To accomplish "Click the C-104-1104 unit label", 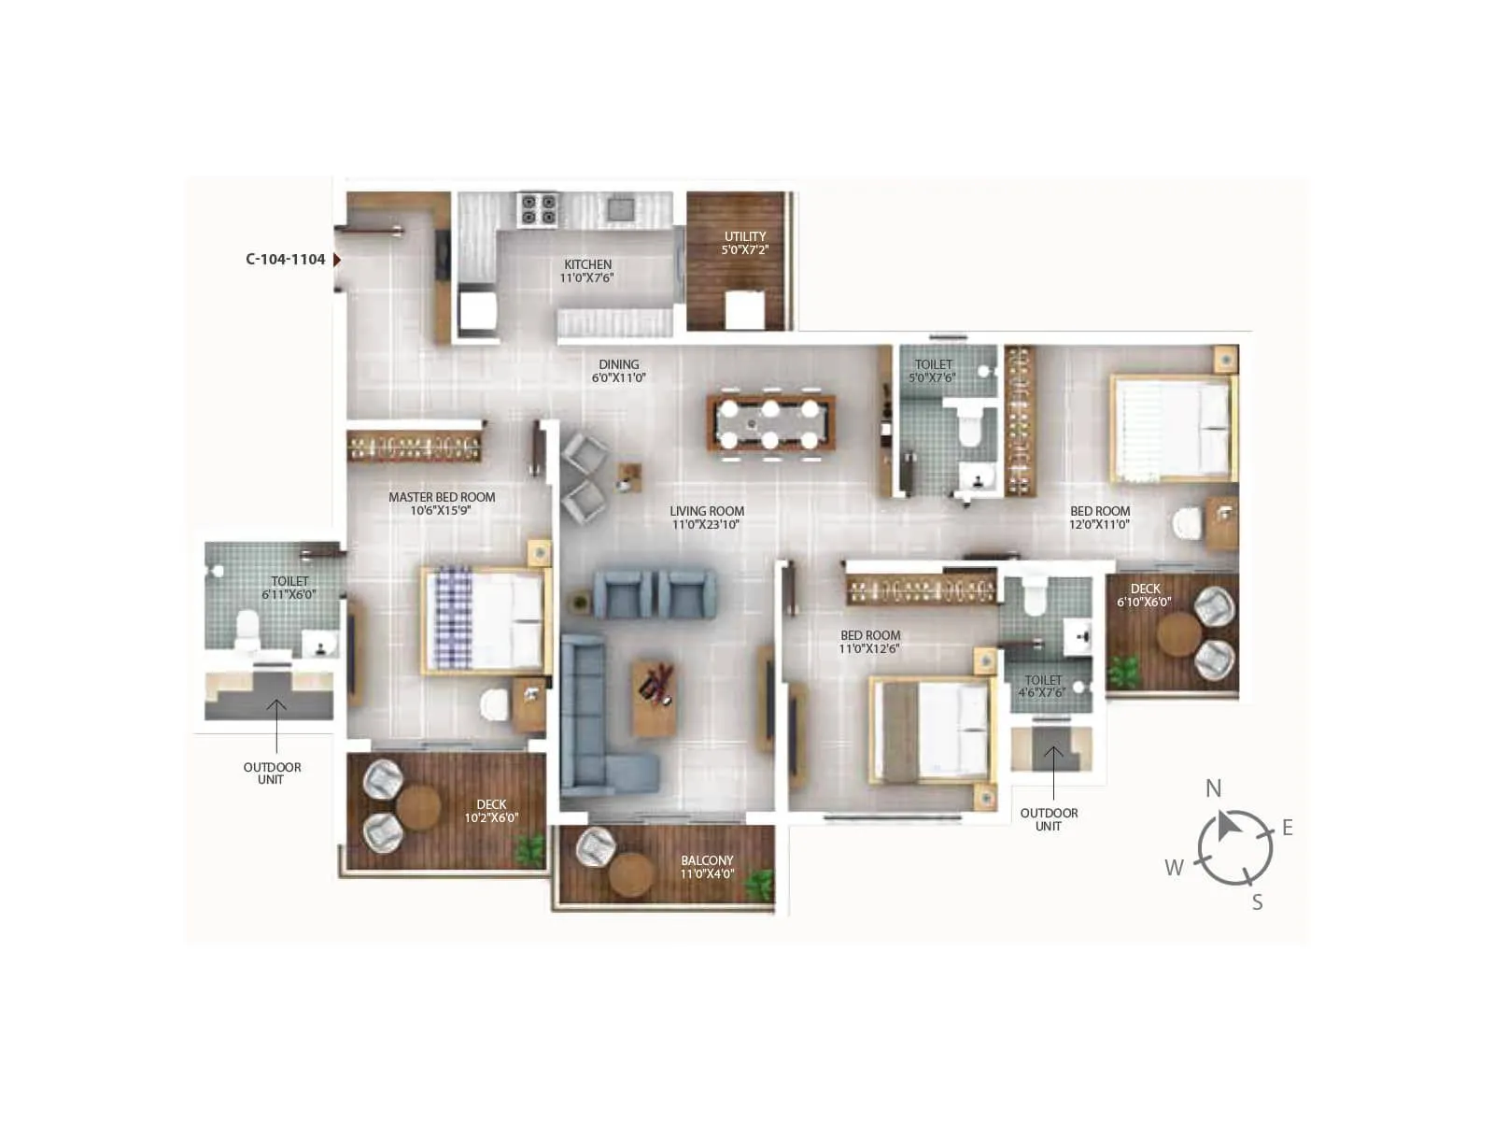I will click(x=285, y=260).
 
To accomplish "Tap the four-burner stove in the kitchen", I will click(x=538, y=209).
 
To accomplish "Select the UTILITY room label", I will click(x=744, y=236).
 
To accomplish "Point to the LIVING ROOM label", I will click(x=707, y=511).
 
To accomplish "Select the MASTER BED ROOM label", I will click(x=442, y=497).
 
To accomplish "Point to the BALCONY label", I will click(x=707, y=860).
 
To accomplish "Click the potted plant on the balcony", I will click(x=761, y=883).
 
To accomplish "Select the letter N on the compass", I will click(x=1213, y=788).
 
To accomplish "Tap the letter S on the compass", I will click(x=1257, y=902).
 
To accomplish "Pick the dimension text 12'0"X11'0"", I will click(x=1100, y=525).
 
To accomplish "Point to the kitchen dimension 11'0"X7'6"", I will click(x=586, y=277).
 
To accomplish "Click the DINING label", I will click(x=619, y=364).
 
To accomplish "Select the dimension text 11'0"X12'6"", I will click(x=869, y=648).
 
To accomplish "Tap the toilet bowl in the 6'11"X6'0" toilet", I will click(x=247, y=631).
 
